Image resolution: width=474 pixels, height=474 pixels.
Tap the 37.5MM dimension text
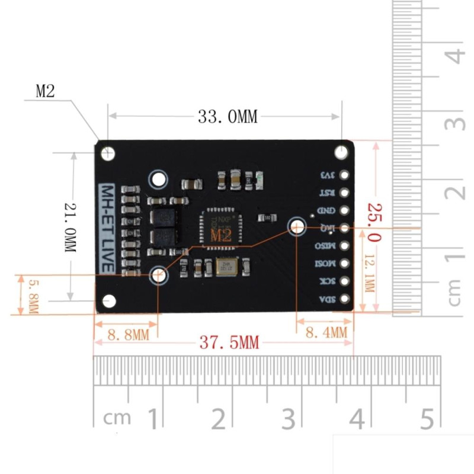tap(228, 343)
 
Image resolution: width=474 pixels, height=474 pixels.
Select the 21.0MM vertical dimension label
tap(71, 226)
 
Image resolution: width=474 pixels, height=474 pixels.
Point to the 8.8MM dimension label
tap(128, 335)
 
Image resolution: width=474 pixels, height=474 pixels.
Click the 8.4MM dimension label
tap(325, 332)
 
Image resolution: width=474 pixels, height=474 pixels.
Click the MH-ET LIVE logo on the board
tap(107, 228)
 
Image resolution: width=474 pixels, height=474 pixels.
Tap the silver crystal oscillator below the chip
tap(226, 268)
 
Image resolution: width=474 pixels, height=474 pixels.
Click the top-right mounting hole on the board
tap(341, 152)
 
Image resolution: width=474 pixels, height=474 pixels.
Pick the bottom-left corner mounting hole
tap(108, 301)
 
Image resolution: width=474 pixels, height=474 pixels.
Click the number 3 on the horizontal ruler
tap(289, 419)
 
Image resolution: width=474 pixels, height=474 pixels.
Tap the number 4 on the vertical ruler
tap(454, 56)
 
